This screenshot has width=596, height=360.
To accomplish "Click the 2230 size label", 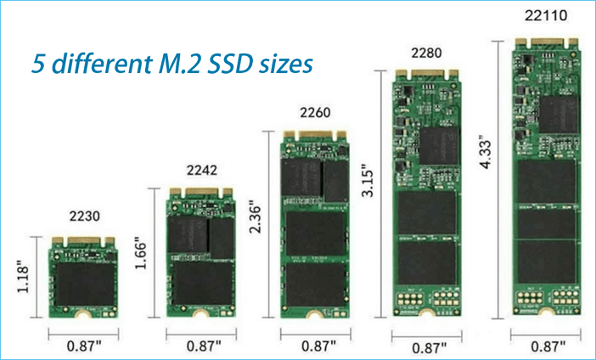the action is pos(84,216).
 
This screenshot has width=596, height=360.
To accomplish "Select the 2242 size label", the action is pos(202,170).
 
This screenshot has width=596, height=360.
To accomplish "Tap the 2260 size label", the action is pos(315,113).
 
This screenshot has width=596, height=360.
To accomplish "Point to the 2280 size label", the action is pos(426,53).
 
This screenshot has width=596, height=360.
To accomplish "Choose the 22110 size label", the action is pos(546,15).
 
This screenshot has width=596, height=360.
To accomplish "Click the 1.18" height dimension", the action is pos(23,276).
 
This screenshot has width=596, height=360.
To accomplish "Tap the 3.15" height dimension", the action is pos(368,180).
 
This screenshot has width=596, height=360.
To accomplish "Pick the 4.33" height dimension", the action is pos(485,152).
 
